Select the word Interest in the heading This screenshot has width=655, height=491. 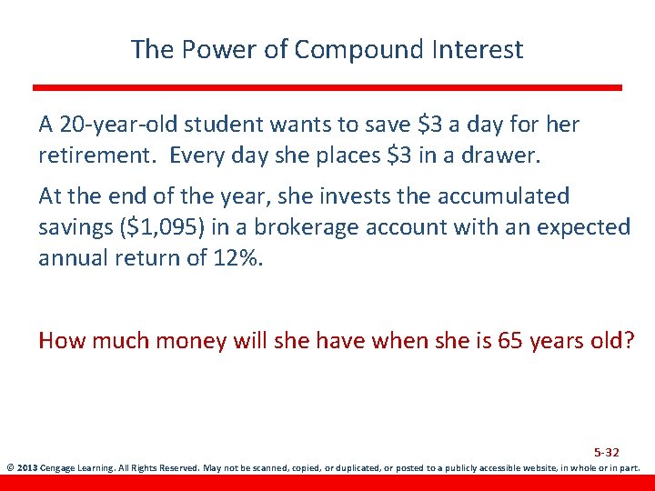point(477,49)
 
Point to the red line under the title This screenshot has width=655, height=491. point(327,87)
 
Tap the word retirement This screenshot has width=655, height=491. point(86,155)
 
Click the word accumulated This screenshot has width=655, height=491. point(500,195)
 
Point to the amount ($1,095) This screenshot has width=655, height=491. point(164,227)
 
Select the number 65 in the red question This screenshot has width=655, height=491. point(507,341)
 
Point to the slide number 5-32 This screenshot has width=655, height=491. point(606,452)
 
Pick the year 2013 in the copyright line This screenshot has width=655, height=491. point(26,469)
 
